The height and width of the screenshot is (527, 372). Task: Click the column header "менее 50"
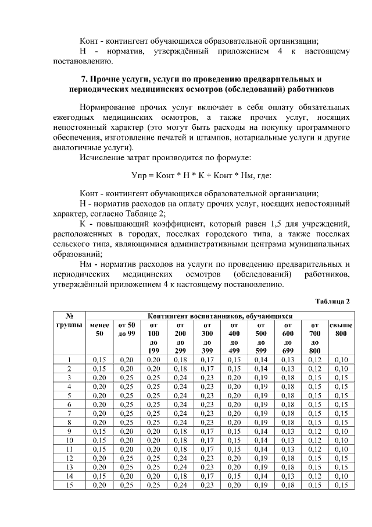click(x=99, y=328)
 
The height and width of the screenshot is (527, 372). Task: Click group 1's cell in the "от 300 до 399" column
click(x=206, y=359)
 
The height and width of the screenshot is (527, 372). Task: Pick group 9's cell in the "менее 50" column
click(x=99, y=431)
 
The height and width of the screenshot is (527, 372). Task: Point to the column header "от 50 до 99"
click(x=126, y=328)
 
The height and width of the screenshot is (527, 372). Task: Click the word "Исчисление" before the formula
click(x=102, y=157)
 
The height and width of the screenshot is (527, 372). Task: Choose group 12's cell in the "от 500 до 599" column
click(x=260, y=458)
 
